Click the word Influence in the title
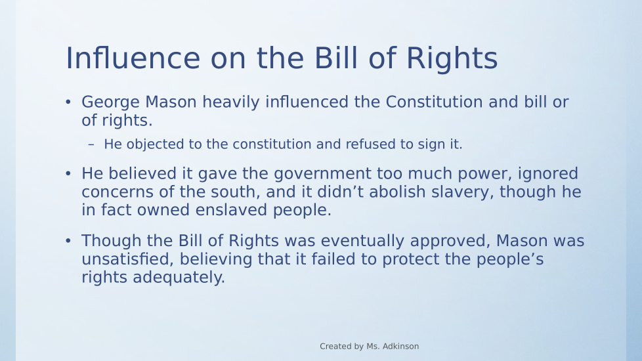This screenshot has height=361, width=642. click(x=133, y=58)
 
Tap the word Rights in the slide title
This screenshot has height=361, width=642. click(x=452, y=58)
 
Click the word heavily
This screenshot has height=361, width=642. click(x=231, y=102)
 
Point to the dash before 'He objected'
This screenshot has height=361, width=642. click(x=91, y=144)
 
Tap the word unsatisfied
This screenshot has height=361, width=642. click(x=128, y=259)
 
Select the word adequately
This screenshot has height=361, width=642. click(x=179, y=278)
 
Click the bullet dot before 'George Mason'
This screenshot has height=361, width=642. click(x=68, y=102)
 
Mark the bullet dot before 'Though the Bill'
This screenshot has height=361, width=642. click(x=68, y=241)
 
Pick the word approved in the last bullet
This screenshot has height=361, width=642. click(x=450, y=241)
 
